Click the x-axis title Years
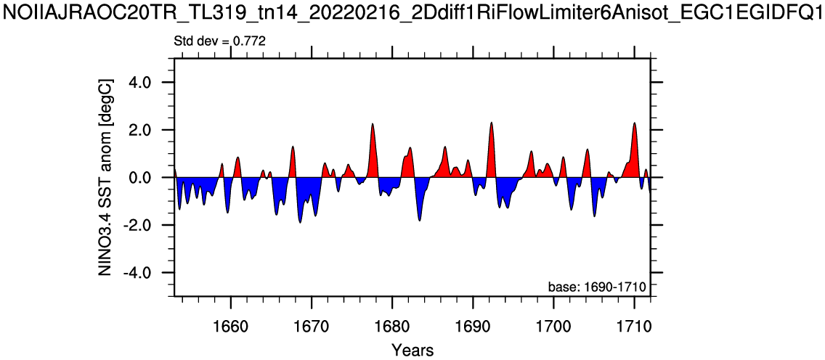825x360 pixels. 412,350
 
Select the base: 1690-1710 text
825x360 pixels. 597,287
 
